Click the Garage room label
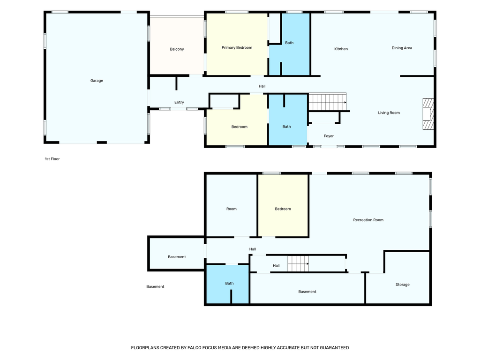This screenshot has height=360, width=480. pos(97,81)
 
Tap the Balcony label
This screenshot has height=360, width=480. pos(177,49)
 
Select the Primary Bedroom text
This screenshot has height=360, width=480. pos(237,47)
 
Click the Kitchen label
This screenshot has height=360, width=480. pos(341,49)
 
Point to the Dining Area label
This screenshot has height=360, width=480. pos(402,48)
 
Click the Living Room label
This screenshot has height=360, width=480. pos(389,112)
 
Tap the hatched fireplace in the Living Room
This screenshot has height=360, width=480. pos(428,114)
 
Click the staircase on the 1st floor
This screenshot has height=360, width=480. pos(328,102)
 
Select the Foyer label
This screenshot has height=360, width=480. pos(329,136)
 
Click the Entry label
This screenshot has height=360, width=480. pos(179,102)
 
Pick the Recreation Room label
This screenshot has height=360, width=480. pos(368,220)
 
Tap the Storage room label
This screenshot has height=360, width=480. pos(402,285)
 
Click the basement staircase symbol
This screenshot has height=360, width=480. pos(298,263)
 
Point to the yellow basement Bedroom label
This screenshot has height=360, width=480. pos(283,209)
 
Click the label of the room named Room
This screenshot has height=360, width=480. pos(232,209)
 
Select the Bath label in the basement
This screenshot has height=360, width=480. pos(229,283)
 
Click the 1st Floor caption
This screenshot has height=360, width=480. pos(52,159)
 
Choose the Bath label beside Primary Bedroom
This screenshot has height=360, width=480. pos(289,43)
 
